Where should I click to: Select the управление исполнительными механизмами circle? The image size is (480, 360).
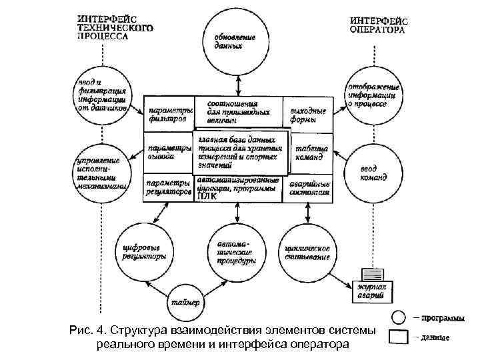click(x=101, y=173)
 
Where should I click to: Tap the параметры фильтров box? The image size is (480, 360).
click(x=167, y=114)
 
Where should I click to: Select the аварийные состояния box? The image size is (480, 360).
click(x=309, y=188)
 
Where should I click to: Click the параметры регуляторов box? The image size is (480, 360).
click(x=167, y=187)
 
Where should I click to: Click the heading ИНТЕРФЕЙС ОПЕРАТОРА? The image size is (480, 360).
click(x=378, y=25)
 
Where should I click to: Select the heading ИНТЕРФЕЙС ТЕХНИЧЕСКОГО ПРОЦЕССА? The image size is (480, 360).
click(x=114, y=29)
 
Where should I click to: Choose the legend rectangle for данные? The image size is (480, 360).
click(x=398, y=337)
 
